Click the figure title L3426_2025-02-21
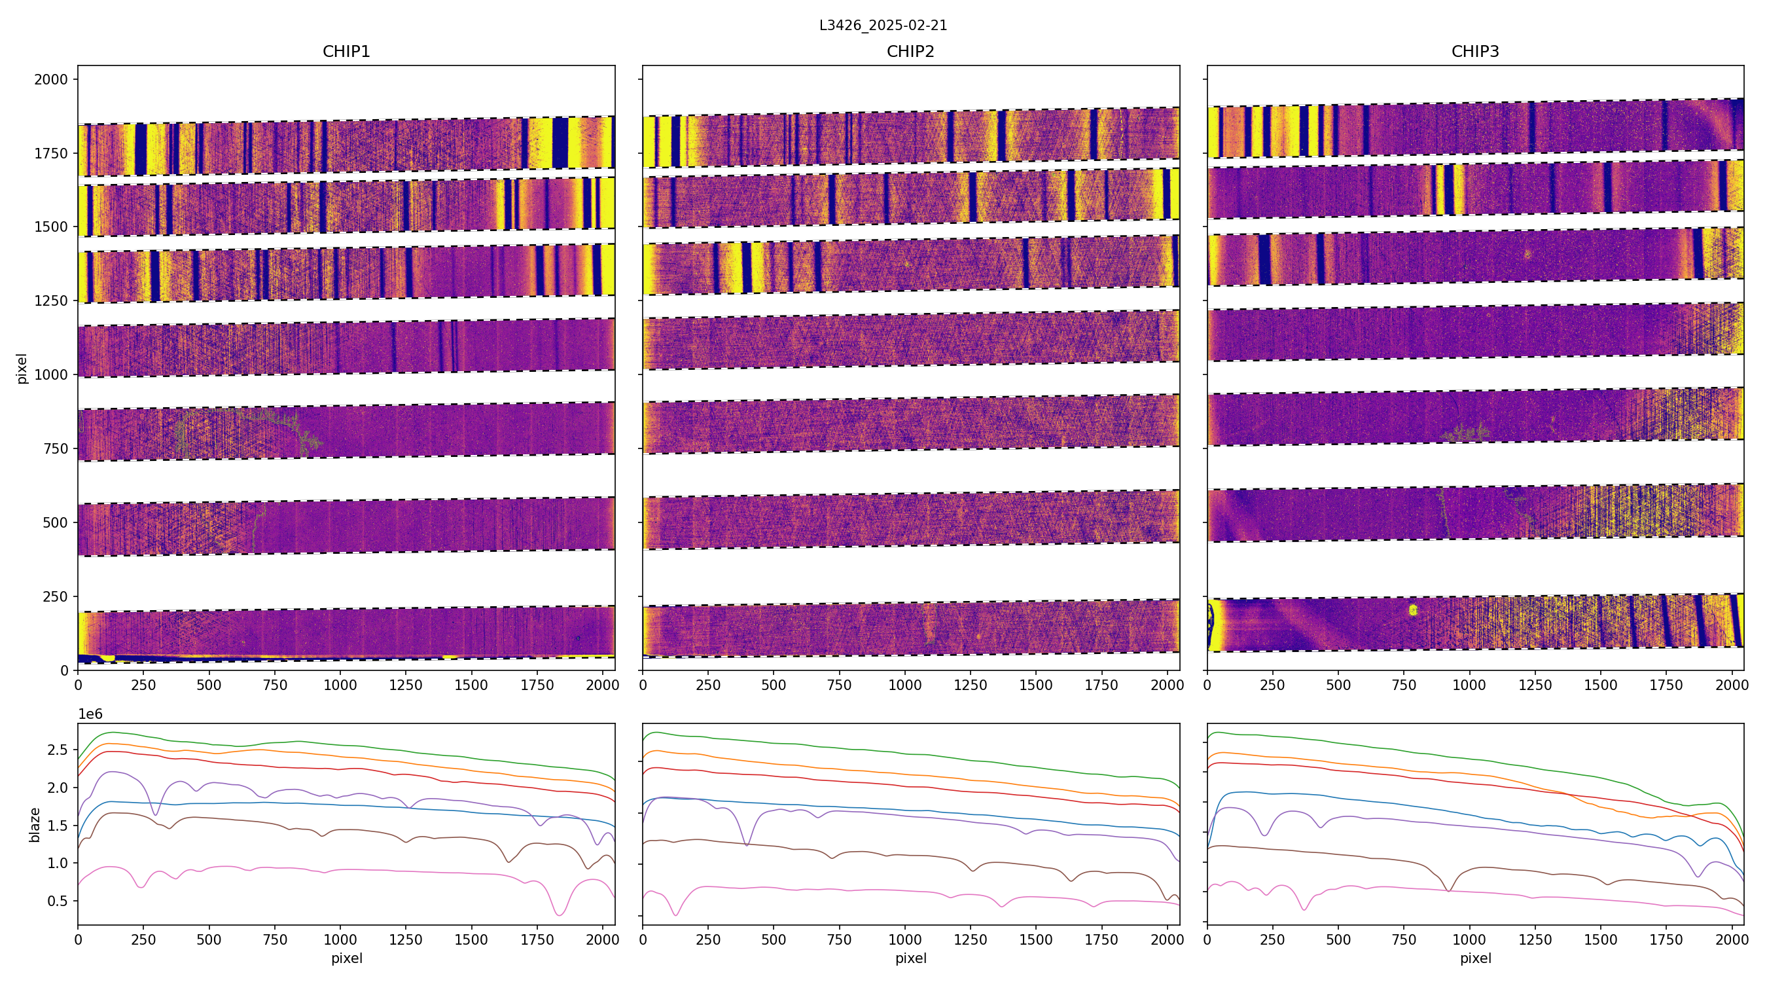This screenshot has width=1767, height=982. click(883, 26)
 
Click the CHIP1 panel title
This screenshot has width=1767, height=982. click(346, 52)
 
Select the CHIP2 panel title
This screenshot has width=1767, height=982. click(910, 52)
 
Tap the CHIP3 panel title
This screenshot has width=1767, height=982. click(1474, 52)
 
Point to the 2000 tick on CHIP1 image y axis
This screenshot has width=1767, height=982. click(52, 80)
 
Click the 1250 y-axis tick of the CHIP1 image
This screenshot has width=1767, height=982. click(52, 300)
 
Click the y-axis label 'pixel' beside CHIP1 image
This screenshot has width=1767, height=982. click(22, 369)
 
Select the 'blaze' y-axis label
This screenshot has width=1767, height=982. click(34, 824)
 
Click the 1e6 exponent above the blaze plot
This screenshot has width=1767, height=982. click(90, 714)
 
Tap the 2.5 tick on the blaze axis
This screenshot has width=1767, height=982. click(58, 750)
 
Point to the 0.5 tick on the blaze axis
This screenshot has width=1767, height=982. click(58, 901)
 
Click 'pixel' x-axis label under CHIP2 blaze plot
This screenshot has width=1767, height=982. click(910, 958)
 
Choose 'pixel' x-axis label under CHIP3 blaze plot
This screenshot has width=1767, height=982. click(1474, 958)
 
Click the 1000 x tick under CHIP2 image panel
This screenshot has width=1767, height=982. click(904, 685)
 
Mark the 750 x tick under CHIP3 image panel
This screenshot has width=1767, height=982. click(1404, 685)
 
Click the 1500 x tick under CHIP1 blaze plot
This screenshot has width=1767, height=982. click(471, 939)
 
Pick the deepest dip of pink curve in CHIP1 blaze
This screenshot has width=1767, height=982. click(560, 915)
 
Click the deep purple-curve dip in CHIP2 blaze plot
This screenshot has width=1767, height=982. click(747, 845)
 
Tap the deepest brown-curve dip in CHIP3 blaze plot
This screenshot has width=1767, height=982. click(1449, 891)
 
